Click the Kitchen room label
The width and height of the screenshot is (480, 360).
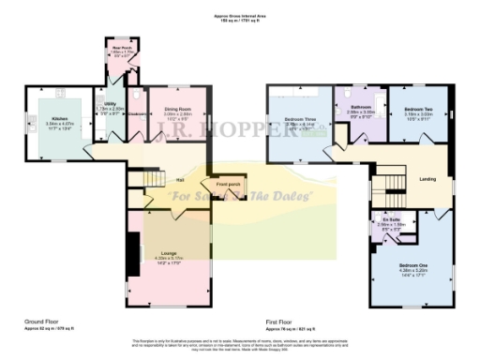[x=58, y=119]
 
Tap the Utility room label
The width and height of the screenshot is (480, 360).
[x=110, y=106]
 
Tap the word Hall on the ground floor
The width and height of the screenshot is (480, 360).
[x=179, y=181]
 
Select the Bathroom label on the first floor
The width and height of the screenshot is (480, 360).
[x=361, y=108]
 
